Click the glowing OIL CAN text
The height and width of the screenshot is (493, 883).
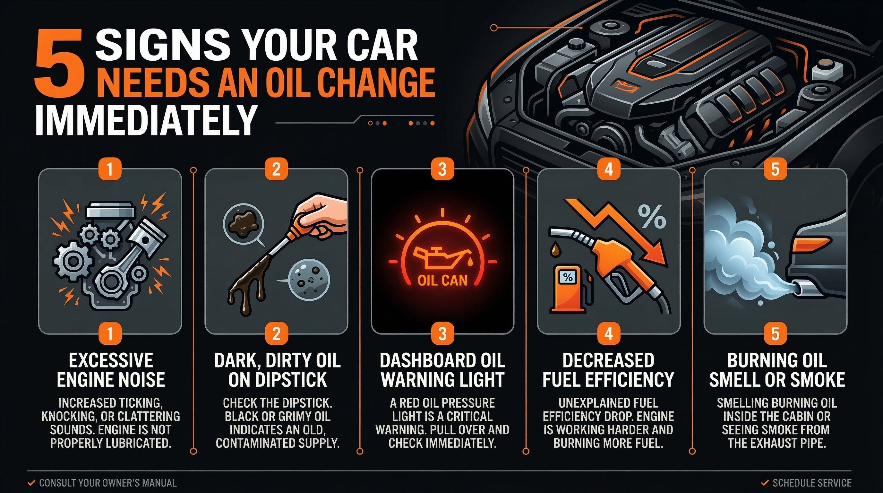pos(442,281)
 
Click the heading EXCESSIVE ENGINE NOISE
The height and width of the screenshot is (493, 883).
pos(110,370)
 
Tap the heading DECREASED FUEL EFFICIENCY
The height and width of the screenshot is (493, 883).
pos(608,370)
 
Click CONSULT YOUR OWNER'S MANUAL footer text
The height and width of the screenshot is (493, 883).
pos(107,483)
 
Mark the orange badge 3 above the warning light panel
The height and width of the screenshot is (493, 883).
pos(442,169)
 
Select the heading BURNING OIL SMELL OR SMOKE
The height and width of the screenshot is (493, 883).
pos(776,370)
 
